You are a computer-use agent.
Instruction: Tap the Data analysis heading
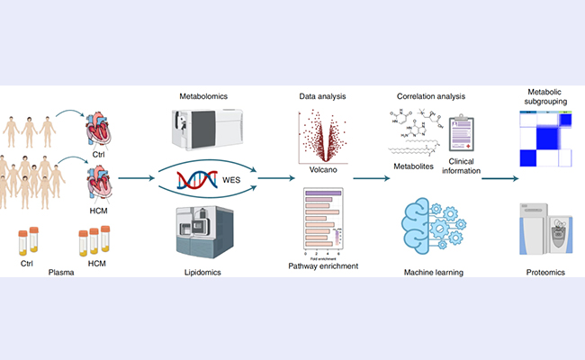click(322, 94)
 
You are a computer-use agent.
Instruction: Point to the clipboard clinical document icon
click(461, 135)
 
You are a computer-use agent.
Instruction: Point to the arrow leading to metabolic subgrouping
click(499, 177)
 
